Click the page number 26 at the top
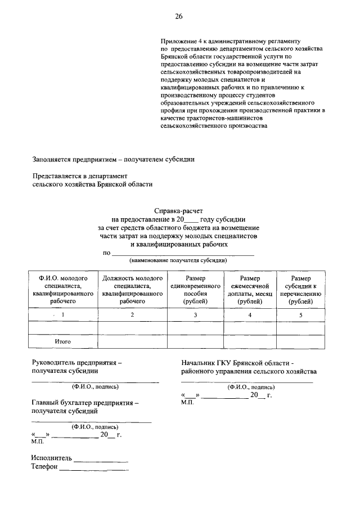pos(178,16)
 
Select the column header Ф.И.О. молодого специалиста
pos(62,290)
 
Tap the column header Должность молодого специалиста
pos(132,290)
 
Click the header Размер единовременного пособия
pos(195,290)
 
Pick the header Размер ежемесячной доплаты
pos(250,290)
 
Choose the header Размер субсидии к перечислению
pos(300,290)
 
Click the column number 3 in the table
pos(195,315)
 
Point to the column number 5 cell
pos(300,315)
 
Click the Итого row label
pos(62,341)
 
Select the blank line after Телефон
pos(94,469)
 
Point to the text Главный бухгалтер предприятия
pos(85,403)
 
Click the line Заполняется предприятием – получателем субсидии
pos(113,159)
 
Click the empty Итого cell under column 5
pos(300,341)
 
